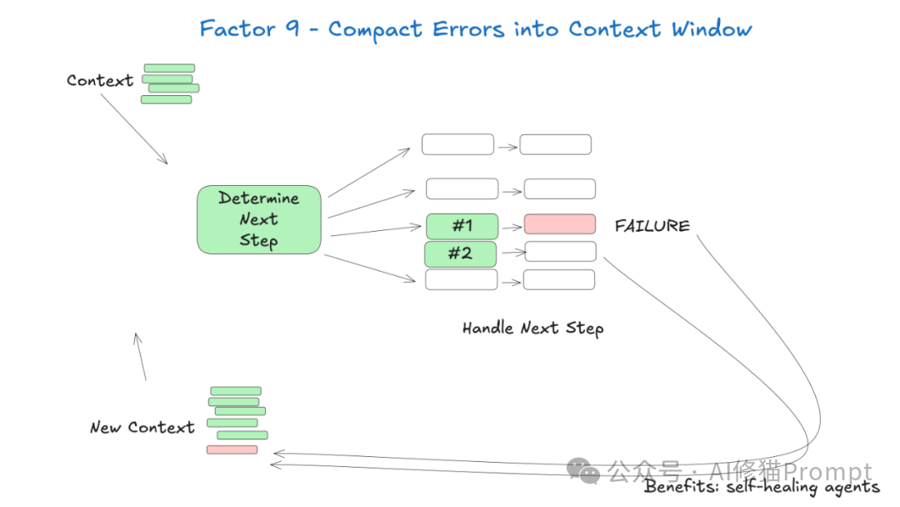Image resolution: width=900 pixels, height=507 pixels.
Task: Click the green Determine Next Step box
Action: [x=258, y=219]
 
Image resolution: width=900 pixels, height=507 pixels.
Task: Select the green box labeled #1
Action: [x=462, y=226]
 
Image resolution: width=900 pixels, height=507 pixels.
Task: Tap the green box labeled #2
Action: [x=460, y=254]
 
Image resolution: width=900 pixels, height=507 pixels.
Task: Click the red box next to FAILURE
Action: [x=559, y=224]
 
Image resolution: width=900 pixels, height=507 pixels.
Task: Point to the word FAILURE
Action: [x=652, y=226]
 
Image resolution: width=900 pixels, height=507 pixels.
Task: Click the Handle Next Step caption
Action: [x=532, y=328]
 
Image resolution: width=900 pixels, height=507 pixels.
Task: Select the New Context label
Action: [x=142, y=428]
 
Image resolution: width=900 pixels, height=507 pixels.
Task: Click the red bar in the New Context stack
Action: [x=232, y=449]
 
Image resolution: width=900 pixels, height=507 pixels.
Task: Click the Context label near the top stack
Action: [x=99, y=81]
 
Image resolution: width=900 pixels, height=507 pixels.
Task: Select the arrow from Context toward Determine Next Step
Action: [x=134, y=128]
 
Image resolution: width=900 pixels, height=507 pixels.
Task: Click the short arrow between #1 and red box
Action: [x=511, y=226]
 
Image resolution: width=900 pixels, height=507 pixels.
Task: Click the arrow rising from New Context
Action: [x=141, y=357]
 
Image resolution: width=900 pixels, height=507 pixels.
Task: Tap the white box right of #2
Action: [x=559, y=252]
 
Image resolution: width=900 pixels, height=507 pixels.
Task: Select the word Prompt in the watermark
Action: [x=828, y=472]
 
